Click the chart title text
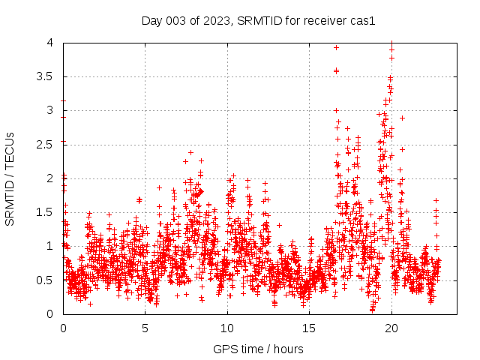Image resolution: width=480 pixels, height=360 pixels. (258, 20)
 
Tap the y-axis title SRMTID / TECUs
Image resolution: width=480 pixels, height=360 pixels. (10, 178)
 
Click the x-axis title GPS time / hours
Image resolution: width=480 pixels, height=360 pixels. (258, 349)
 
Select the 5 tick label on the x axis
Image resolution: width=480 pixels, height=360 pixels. (145, 328)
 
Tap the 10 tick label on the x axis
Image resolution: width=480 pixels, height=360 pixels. (227, 328)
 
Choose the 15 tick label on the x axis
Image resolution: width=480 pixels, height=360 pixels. (309, 328)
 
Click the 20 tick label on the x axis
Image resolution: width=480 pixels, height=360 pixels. (391, 328)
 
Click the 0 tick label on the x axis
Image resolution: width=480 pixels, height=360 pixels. (63, 328)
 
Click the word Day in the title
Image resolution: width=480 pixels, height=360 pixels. (152, 20)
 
